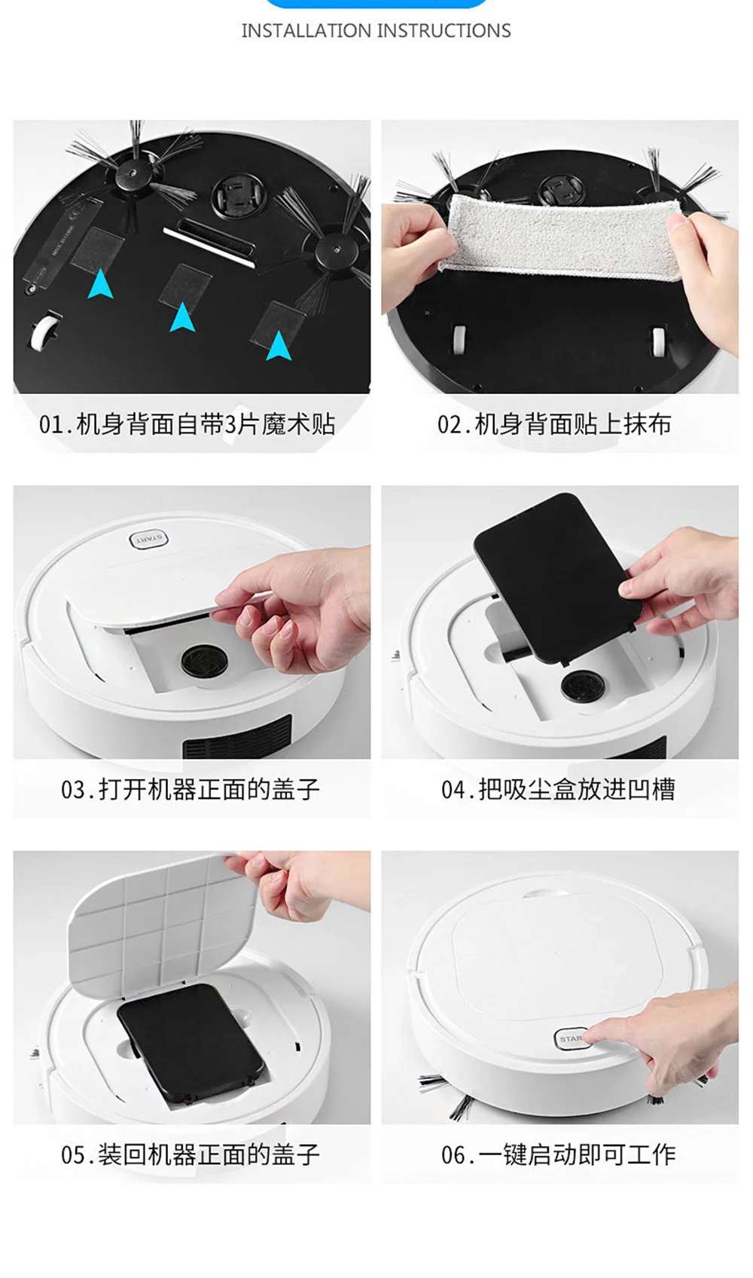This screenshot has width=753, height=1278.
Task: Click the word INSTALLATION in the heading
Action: [306, 31]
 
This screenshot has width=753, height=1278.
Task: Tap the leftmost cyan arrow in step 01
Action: [100, 283]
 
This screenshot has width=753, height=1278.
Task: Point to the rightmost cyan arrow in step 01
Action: [279, 346]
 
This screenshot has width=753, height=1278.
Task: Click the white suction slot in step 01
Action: [210, 245]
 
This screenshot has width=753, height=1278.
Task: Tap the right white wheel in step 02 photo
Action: [659, 341]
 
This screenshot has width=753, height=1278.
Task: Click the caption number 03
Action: [74, 790]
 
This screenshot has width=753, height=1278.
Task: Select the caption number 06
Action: [454, 1155]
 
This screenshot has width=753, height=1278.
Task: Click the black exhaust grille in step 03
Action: [237, 738]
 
